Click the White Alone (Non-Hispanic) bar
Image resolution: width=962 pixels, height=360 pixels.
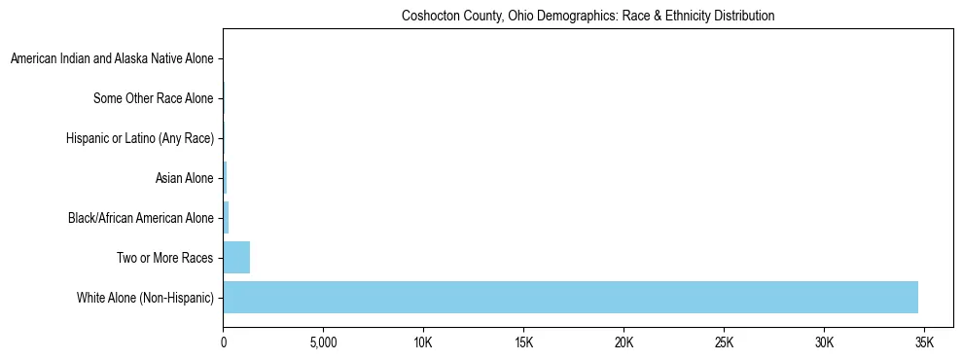[570, 297]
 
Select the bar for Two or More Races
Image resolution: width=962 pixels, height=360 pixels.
[236, 258]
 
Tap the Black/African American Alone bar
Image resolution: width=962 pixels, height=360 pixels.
[226, 218]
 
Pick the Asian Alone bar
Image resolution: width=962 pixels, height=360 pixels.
[225, 178]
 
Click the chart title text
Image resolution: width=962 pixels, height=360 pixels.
[588, 17]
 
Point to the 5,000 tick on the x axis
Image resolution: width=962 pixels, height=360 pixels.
[323, 343]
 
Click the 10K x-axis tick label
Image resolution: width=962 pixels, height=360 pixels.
[423, 343]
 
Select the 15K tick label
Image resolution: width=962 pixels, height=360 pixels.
[523, 343]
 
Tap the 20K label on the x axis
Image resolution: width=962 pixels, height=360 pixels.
[624, 343]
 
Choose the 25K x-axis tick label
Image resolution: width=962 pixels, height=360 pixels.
[724, 343]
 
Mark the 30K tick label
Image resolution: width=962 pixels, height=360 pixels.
[824, 343]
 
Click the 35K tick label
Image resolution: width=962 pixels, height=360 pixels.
[924, 343]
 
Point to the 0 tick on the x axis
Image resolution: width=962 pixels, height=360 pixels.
[224, 343]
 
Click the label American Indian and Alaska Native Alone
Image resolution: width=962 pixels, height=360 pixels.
[112, 59]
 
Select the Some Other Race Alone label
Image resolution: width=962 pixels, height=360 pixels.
[154, 99]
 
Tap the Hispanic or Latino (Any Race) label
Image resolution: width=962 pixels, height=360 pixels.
[140, 139]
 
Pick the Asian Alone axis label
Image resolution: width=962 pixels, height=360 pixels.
[184, 178]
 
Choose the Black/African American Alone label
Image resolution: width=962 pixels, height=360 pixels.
[141, 218]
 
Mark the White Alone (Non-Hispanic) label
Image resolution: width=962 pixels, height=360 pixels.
[145, 298]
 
